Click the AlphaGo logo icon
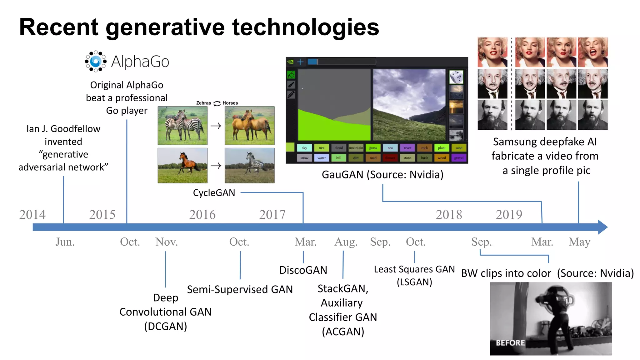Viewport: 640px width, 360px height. tap(96, 61)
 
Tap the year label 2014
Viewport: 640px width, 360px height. tap(32, 215)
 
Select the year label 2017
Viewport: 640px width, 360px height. tap(272, 215)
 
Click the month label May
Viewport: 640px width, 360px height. tap(579, 242)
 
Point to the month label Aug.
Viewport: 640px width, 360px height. tap(346, 242)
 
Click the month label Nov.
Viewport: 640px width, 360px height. tap(167, 242)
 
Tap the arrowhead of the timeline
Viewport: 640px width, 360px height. tap(603, 227)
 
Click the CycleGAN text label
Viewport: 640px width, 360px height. tap(214, 193)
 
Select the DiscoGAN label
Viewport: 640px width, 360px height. tap(303, 270)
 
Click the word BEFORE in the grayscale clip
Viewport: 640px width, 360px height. tap(510, 343)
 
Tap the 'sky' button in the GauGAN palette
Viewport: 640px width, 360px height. tap(304, 148)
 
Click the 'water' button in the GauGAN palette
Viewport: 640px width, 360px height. tap(322, 158)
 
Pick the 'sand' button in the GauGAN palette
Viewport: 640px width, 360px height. tap(459, 148)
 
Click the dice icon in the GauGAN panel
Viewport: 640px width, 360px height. tap(456, 77)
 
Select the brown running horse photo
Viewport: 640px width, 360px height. tap(182, 166)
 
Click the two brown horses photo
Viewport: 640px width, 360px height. tap(249, 126)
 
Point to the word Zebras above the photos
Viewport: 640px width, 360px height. tap(203, 103)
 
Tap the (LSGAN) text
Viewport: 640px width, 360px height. tap(414, 282)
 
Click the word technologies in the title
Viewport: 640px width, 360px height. tap(305, 27)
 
